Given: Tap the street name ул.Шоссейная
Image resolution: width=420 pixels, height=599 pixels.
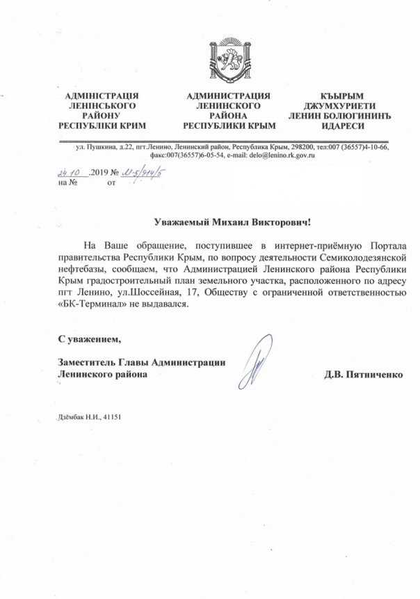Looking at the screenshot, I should [161, 293].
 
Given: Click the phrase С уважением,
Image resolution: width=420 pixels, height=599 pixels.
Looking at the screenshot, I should [88, 340].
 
